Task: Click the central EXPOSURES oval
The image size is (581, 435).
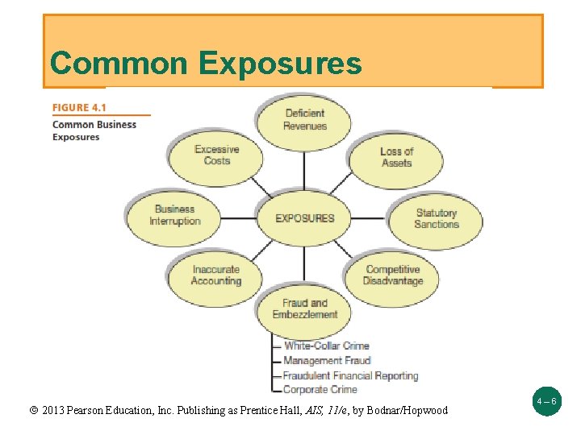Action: click(305, 217)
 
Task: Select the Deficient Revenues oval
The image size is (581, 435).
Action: click(305, 120)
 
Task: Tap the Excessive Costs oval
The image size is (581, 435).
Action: click(216, 155)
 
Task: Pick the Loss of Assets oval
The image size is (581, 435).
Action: click(396, 157)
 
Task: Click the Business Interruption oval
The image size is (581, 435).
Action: click(174, 215)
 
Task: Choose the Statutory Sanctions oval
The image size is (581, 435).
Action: click(436, 218)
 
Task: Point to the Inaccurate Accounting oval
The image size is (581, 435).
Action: click(215, 275)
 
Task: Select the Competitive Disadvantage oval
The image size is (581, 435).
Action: click(393, 275)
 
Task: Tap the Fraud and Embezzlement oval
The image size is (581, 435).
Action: click(305, 309)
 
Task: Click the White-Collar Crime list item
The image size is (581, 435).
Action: click(326, 346)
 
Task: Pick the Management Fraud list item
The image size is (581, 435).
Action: click(326, 361)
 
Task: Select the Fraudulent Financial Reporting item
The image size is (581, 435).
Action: click(350, 375)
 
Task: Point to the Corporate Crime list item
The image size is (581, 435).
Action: click(320, 390)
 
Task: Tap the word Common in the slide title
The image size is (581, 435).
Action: click(117, 63)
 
